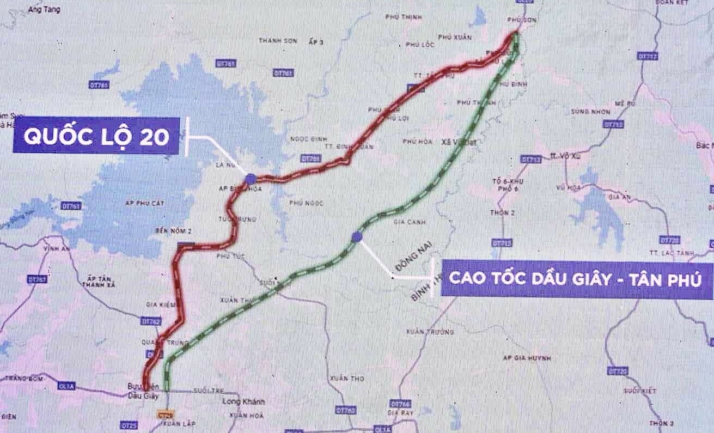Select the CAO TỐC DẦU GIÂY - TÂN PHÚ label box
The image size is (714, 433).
(x=577, y=278)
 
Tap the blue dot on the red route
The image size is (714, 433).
(x=250, y=178)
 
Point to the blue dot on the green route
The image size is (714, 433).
(x=357, y=236)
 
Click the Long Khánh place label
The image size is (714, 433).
(x=244, y=402)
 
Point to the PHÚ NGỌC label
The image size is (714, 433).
(x=307, y=203)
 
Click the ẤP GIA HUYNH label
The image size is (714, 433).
(x=527, y=358)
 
